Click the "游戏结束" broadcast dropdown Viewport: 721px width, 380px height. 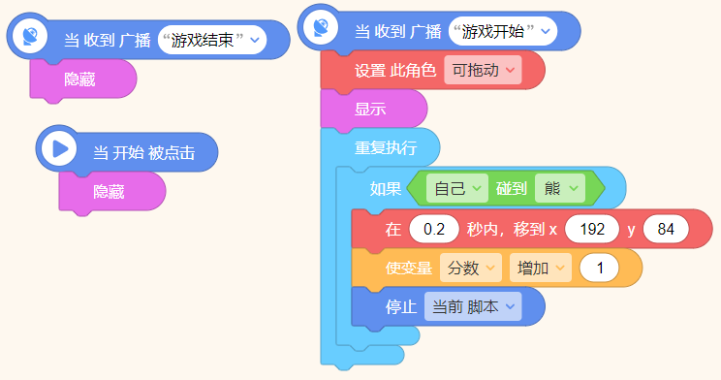(x=212, y=40)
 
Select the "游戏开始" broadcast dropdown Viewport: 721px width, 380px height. (x=503, y=32)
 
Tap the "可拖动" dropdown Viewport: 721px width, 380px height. (x=483, y=71)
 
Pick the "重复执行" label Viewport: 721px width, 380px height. (x=385, y=148)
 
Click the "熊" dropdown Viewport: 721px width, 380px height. (x=560, y=188)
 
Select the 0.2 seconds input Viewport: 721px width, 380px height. (x=434, y=230)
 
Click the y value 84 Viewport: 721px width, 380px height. (x=665, y=230)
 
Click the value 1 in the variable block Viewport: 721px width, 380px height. (x=599, y=269)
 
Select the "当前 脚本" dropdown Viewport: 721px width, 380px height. (x=473, y=307)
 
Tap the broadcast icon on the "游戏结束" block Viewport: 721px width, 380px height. (x=30, y=36)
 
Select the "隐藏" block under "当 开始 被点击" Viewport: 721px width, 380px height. (x=110, y=192)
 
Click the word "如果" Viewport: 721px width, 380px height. (x=385, y=188)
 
